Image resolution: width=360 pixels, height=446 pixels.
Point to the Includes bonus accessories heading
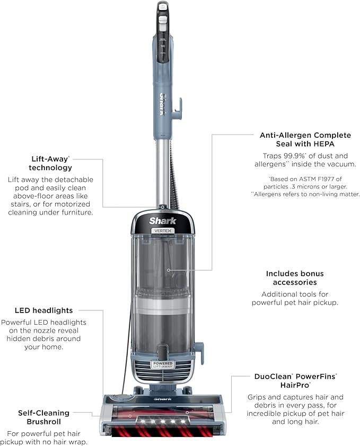295,278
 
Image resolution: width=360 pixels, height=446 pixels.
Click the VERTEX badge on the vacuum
162,230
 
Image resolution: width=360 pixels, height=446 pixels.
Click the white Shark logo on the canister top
162,220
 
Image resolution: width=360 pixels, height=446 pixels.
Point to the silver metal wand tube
161,170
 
